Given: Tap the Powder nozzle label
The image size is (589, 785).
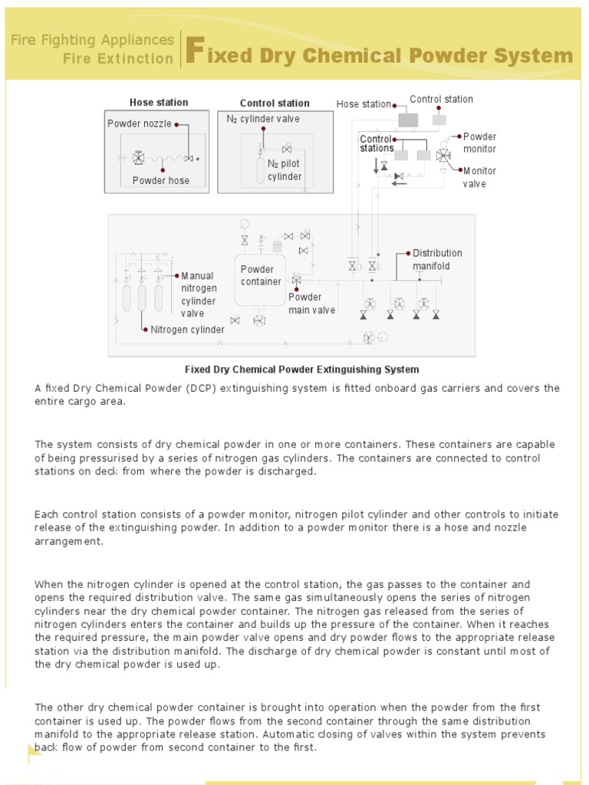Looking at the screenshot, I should [140, 123].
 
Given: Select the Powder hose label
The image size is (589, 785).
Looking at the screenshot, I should [160, 181].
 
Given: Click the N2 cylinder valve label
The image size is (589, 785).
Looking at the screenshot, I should [263, 119].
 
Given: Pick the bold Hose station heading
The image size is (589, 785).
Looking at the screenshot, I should [159, 103].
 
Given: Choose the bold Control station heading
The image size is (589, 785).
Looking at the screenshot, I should [275, 103].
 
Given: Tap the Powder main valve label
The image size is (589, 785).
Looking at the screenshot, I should [311, 304].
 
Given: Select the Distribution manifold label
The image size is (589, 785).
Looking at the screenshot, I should [437, 259].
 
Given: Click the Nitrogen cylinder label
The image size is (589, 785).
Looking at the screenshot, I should [187, 330].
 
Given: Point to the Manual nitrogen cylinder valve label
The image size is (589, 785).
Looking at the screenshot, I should [199, 294].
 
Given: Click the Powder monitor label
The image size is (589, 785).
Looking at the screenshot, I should [479, 143].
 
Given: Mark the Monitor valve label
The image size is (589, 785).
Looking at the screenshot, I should [479, 177].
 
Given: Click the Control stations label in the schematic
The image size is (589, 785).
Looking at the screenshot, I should [377, 143].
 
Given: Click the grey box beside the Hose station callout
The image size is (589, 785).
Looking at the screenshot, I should [408, 120].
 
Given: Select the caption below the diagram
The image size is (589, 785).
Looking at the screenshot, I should [301, 370].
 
